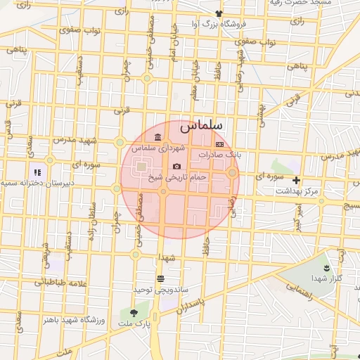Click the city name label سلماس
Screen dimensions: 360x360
200,126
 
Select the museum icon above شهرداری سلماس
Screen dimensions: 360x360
156,136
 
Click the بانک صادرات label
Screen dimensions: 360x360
219,153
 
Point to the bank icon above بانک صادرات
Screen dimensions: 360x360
219,143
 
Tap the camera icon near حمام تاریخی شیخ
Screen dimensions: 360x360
176,166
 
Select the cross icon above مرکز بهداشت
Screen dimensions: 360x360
296,180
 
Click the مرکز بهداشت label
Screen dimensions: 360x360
296,191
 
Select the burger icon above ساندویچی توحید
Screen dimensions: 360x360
160,278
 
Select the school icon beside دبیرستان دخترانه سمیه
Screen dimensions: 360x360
37,172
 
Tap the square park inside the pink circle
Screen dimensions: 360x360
141,167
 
